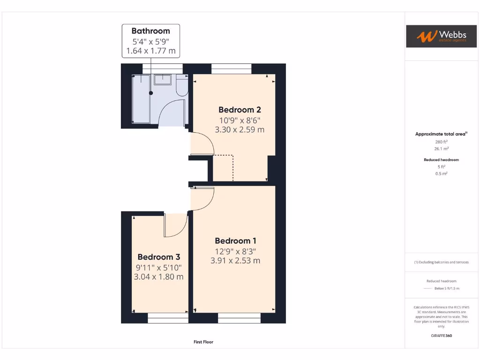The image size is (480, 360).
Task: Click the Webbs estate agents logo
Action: (x=436, y=37)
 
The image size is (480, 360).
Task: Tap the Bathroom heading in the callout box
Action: (x=150, y=31)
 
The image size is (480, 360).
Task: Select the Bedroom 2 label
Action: (x=240, y=110)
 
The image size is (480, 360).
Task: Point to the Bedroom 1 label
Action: (x=235, y=241)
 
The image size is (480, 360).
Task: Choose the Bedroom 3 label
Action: (x=158, y=257)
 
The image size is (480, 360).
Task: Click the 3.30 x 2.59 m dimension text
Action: (x=240, y=129)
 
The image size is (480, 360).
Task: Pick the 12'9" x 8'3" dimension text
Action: (x=235, y=251)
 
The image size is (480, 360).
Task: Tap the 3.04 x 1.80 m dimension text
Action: (x=158, y=277)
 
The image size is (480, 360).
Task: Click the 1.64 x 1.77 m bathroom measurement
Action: (x=150, y=51)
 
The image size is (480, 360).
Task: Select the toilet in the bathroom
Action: (x=182, y=87)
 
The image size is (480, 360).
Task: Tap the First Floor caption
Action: (x=203, y=342)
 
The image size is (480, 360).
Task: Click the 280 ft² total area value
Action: (x=441, y=142)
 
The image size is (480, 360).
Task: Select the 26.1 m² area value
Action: (x=441, y=149)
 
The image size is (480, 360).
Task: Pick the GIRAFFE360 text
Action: (x=441, y=336)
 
